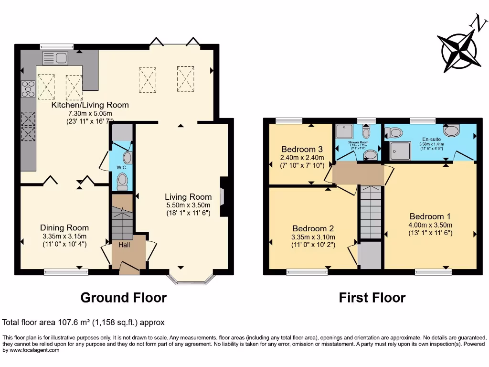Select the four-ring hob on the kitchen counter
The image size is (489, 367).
point(28,89)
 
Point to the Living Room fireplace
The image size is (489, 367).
point(223,196)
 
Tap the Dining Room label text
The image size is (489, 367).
point(64,228)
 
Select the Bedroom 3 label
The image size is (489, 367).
point(301,149)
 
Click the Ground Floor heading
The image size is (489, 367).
point(123,298)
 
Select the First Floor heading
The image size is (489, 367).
point(372,298)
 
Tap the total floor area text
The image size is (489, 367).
point(84,323)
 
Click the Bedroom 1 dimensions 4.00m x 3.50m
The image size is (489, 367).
point(430,225)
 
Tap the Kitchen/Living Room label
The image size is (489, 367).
point(90,105)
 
